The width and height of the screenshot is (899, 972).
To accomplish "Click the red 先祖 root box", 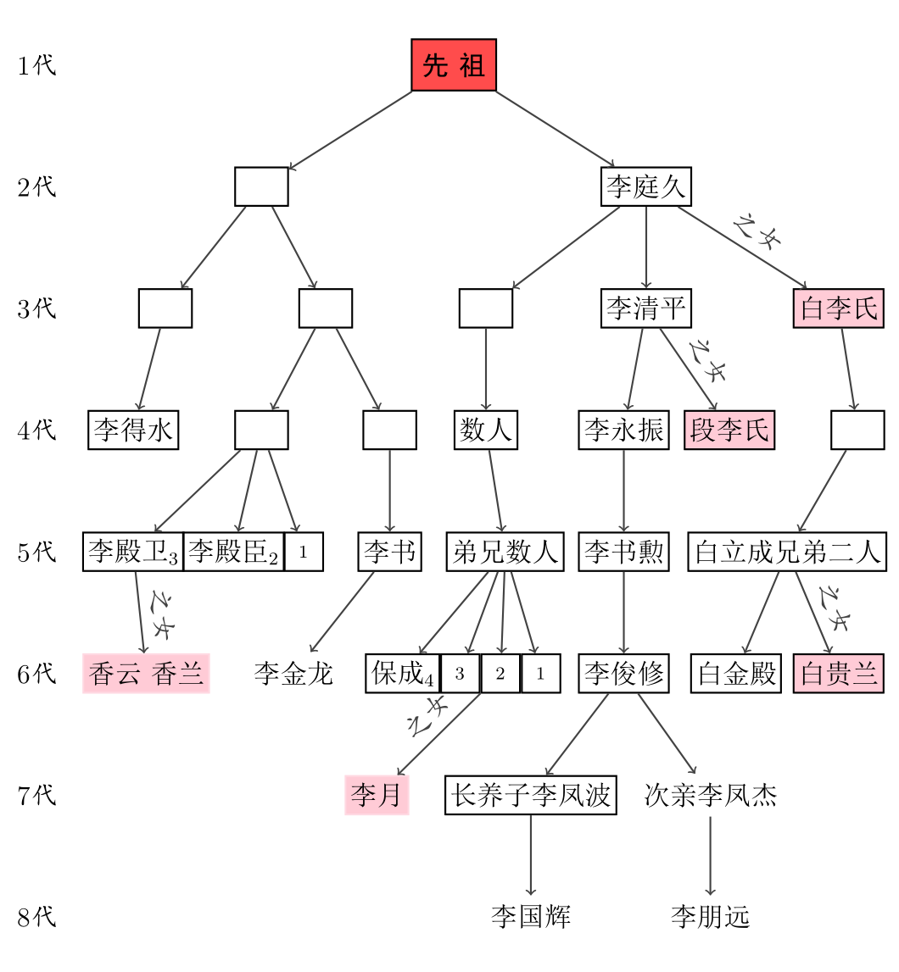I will pyautogui.click(x=454, y=65).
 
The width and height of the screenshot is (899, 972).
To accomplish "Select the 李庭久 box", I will pyautogui.click(x=646, y=186).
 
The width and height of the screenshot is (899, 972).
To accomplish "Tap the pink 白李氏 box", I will pyautogui.click(x=839, y=308).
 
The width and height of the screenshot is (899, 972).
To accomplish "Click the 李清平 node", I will pyautogui.click(x=646, y=308).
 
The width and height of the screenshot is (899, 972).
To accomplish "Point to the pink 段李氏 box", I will pyautogui.click(x=729, y=430).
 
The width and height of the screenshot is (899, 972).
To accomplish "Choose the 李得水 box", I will pyautogui.click(x=133, y=430).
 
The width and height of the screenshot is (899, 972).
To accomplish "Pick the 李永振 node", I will pyautogui.click(x=624, y=430).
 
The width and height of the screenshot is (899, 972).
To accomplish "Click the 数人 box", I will pyautogui.click(x=486, y=430).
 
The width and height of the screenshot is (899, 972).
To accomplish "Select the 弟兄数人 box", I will pyautogui.click(x=505, y=553).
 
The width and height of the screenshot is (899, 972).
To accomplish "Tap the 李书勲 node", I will pyautogui.click(x=624, y=553).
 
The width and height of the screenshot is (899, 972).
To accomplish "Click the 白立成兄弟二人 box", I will pyautogui.click(x=787, y=553).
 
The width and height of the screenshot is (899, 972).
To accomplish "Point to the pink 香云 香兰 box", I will pyautogui.click(x=146, y=674).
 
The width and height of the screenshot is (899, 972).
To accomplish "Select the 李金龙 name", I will pyautogui.click(x=293, y=674).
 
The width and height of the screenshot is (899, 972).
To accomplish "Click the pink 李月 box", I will pyautogui.click(x=377, y=795).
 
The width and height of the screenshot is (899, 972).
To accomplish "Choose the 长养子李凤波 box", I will pyautogui.click(x=531, y=795).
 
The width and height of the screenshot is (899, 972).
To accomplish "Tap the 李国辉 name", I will pyautogui.click(x=531, y=916).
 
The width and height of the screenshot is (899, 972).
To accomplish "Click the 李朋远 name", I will pyautogui.click(x=711, y=916).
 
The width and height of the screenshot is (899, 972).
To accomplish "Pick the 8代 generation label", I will pyautogui.click(x=36, y=916).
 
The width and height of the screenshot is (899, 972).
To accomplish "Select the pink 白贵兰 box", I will pyautogui.click(x=839, y=674).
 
